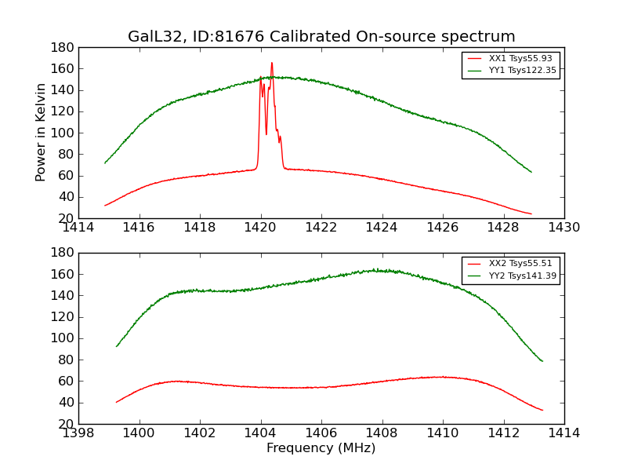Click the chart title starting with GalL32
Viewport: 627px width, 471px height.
pos(321,37)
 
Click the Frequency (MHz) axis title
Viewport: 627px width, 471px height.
pos(321,448)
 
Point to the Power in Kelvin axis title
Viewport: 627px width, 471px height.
pos(42,133)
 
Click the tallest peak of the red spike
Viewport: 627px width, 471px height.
pos(272,63)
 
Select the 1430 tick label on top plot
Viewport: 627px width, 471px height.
pos(564,228)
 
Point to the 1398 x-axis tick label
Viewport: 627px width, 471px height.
pos(78,433)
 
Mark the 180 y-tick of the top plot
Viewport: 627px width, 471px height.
pos(64,47)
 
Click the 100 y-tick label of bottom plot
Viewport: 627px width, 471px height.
pos(64,338)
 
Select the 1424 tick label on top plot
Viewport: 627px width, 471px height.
pos(382,228)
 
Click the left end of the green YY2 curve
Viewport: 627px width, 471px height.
pos(117,346)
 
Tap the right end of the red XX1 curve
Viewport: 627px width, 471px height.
pos(531,214)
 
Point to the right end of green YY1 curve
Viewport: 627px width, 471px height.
pos(531,172)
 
